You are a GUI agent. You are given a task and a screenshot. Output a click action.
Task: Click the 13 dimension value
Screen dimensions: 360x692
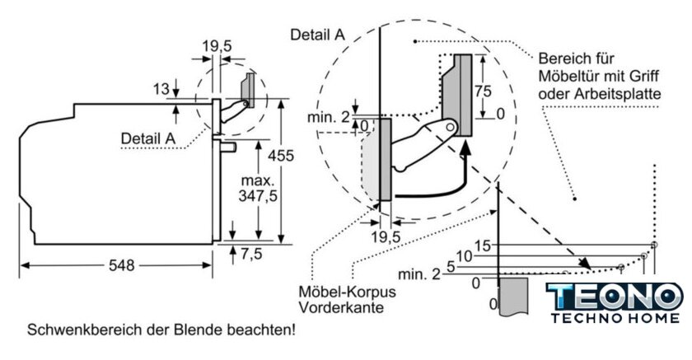point(161,88)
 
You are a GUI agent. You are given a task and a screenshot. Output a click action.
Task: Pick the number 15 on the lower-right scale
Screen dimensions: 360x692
point(483,245)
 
